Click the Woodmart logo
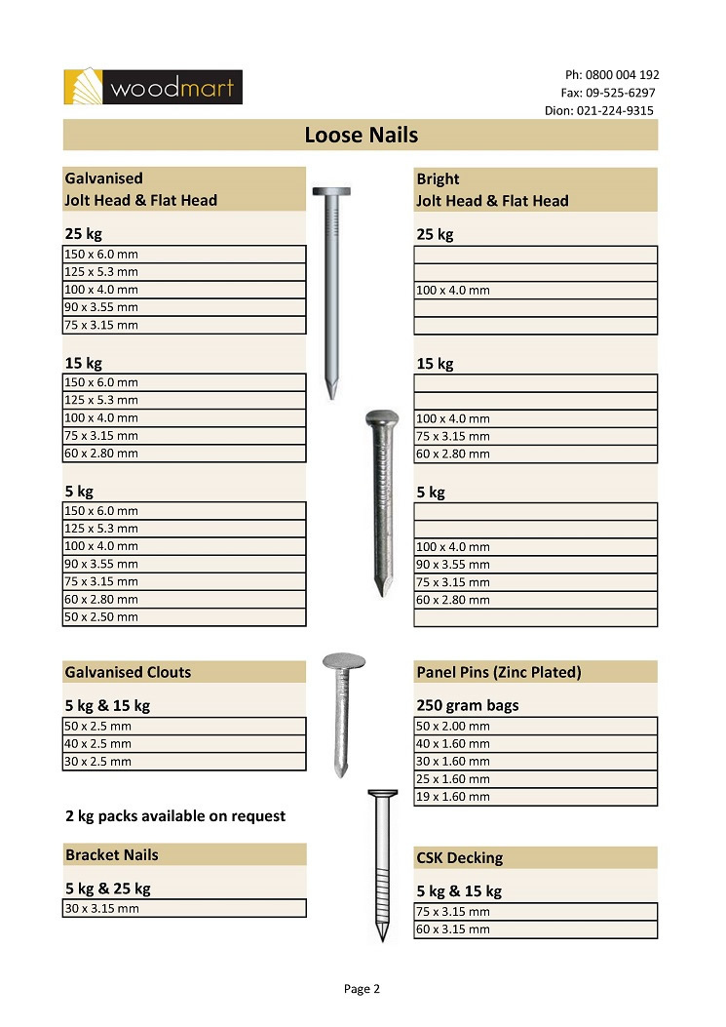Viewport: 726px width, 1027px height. [152, 87]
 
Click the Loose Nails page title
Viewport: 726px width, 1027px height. [361, 135]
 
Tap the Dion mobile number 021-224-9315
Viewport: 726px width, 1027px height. [615, 110]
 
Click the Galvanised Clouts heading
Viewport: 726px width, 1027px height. [128, 672]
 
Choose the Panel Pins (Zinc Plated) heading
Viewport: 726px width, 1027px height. [499, 672]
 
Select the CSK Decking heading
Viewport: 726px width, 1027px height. [460, 858]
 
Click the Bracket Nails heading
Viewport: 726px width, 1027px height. [111, 855]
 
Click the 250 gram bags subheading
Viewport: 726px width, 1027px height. [468, 705]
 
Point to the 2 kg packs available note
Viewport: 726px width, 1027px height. [175, 815]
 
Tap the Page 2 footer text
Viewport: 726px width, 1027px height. [362, 989]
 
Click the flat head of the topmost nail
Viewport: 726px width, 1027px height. [331, 191]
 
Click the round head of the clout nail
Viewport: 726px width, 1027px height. [344, 666]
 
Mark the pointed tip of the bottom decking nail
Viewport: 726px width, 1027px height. [383, 938]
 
